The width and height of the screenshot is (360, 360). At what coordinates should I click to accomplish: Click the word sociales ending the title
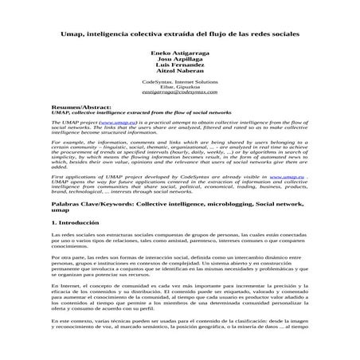pyautogui.click(x=282, y=35)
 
